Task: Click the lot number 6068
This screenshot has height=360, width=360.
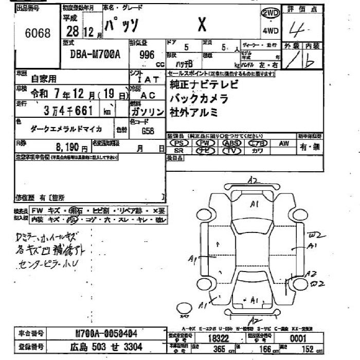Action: (x=38, y=33)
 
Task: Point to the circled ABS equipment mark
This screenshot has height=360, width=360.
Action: (x=231, y=143)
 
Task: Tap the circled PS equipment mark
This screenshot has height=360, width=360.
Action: (x=179, y=143)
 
